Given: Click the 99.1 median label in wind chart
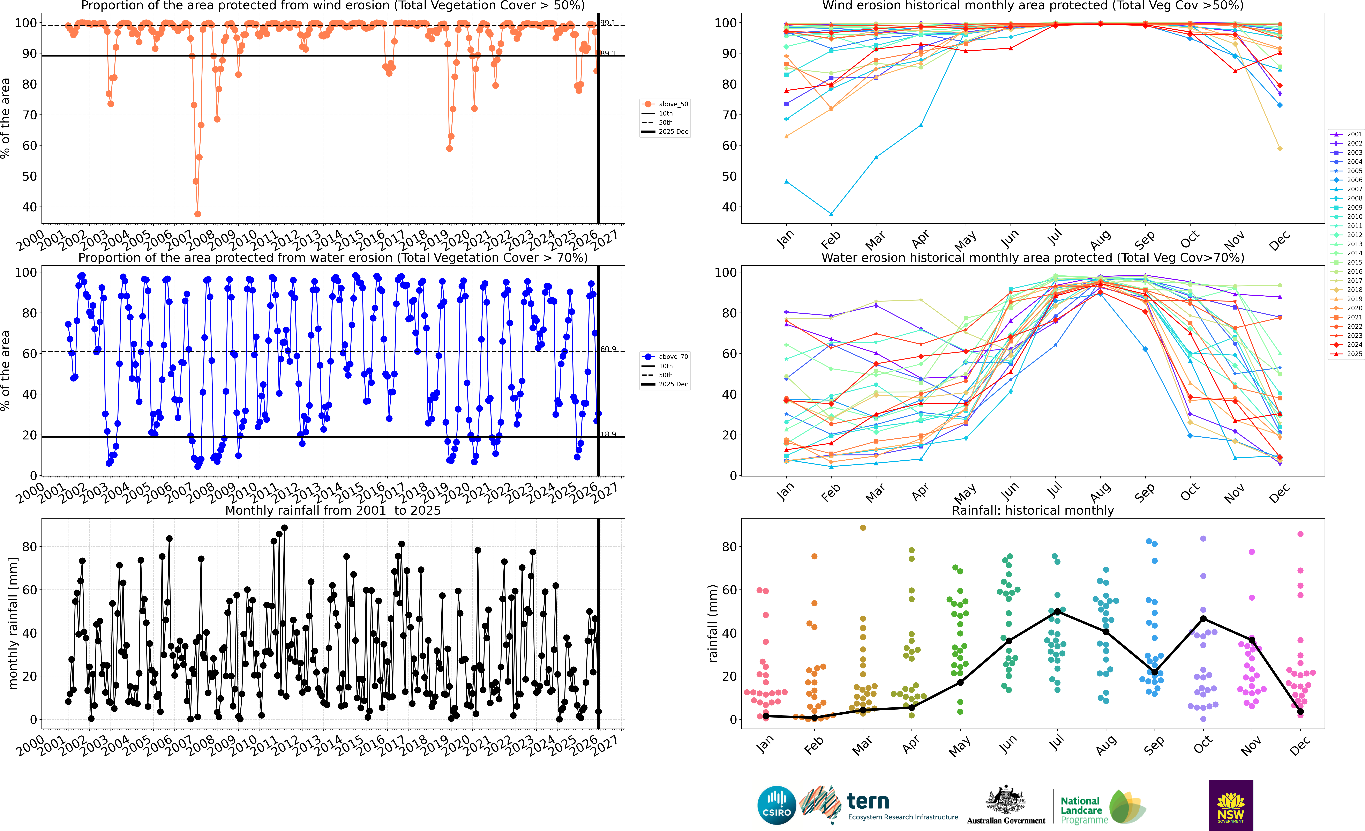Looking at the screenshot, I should (608, 23).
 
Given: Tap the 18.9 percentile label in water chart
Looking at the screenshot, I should (608, 434).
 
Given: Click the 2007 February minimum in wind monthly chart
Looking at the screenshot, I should (831, 214).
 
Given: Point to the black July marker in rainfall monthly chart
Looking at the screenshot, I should (1058, 611).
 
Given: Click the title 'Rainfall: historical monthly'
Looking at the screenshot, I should (1033, 510).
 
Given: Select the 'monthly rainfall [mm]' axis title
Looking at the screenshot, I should (13, 623).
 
